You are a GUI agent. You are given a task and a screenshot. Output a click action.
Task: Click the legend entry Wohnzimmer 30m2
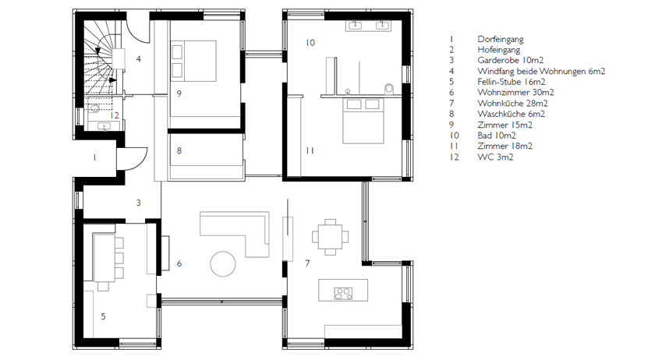pyautogui.click(x=515, y=92)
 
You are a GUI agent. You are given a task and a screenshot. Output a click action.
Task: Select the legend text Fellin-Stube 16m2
pyautogui.click(x=512, y=82)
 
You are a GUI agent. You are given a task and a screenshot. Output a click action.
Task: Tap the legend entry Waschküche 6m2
pyautogui.click(x=511, y=114)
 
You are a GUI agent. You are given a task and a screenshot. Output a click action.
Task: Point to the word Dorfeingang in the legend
pyautogui.click(x=501, y=40)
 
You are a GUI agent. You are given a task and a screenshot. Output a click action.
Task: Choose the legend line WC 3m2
pyautogui.click(x=495, y=157)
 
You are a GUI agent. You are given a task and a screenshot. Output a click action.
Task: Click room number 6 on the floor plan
pyautogui.click(x=179, y=263)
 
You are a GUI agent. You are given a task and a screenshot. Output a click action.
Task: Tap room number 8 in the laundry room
pyautogui.click(x=179, y=150)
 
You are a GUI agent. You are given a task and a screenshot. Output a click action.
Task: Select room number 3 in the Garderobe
pyautogui.click(x=138, y=203)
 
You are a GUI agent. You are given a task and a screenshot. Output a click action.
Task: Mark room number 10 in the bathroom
pyautogui.click(x=310, y=43)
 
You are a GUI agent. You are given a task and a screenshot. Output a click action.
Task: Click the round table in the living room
pyautogui.click(x=223, y=264)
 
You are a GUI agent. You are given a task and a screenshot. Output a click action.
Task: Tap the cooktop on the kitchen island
pyautogui.click(x=343, y=294)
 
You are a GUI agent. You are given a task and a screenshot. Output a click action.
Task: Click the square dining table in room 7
pyautogui.click(x=331, y=237)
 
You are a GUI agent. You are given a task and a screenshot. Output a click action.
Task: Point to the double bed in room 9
pyautogui.click(x=193, y=61)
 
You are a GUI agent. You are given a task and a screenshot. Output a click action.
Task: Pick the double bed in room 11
pyautogui.click(x=363, y=121)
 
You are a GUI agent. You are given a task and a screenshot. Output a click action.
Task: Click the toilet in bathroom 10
pyautogui.click(x=389, y=88)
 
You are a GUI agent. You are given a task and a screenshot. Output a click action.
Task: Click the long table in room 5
pyautogui.click(x=104, y=258)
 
